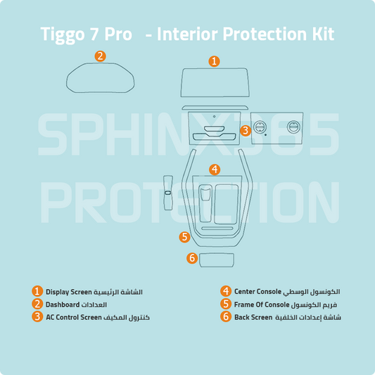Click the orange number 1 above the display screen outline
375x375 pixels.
pos(214,61)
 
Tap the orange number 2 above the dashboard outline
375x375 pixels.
pos(101,56)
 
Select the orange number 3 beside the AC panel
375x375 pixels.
pos(245,130)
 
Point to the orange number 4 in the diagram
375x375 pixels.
pos(215,170)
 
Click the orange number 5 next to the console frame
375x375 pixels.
pos(184,237)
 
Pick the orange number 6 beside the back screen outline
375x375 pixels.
pos(191,258)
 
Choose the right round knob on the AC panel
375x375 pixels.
pos(293,127)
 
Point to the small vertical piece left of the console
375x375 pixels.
pos(167,192)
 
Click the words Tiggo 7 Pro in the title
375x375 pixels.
pos(86,34)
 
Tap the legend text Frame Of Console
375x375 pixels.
pos(261,304)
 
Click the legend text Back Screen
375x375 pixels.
pos(253,317)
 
